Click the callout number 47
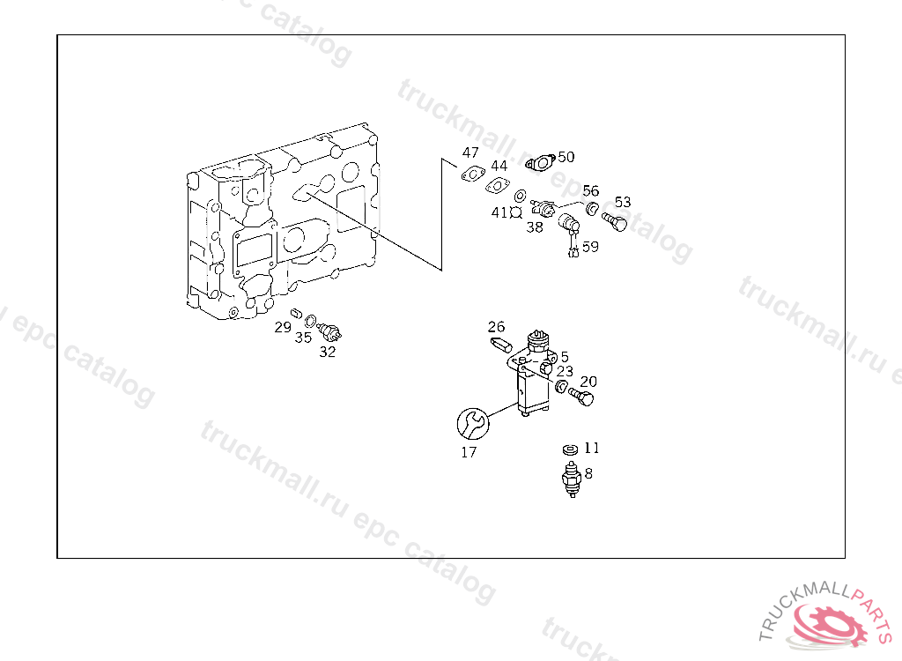pyautogui.click(x=470, y=152)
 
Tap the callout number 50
pyautogui.click(x=566, y=157)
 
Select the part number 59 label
pyautogui.click(x=590, y=247)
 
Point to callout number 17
pyautogui.click(x=469, y=453)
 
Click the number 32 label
pyautogui.click(x=328, y=352)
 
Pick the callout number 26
pyautogui.click(x=496, y=327)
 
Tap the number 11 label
pyautogui.click(x=591, y=448)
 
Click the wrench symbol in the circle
pyautogui.click(x=473, y=424)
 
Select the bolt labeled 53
pyautogui.click(x=614, y=221)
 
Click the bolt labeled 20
pyautogui.click(x=580, y=396)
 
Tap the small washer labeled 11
pyautogui.click(x=570, y=449)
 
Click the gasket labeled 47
pyautogui.click(x=472, y=174)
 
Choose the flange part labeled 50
pyautogui.click(x=540, y=163)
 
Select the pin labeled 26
pyautogui.click(x=500, y=345)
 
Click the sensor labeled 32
pyautogui.click(x=329, y=331)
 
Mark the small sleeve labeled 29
pyautogui.click(x=297, y=314)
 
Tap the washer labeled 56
pyautogui.click(x=592, y=207)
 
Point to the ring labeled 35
pyautogui.click(x=310, y=321)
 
